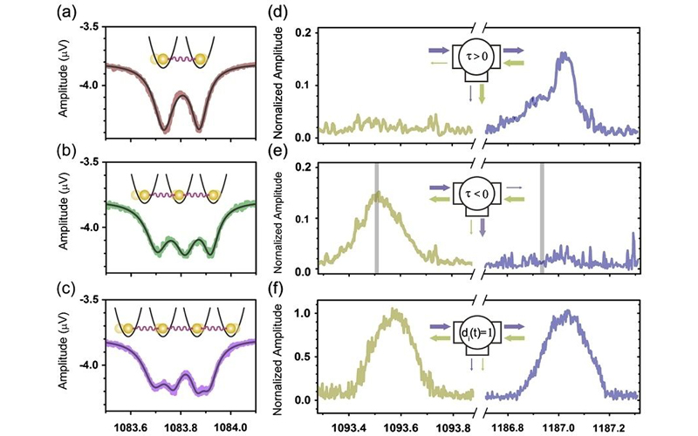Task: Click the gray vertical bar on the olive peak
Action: [x=377, y=218]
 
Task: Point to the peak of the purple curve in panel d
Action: [x=564, y=54]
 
